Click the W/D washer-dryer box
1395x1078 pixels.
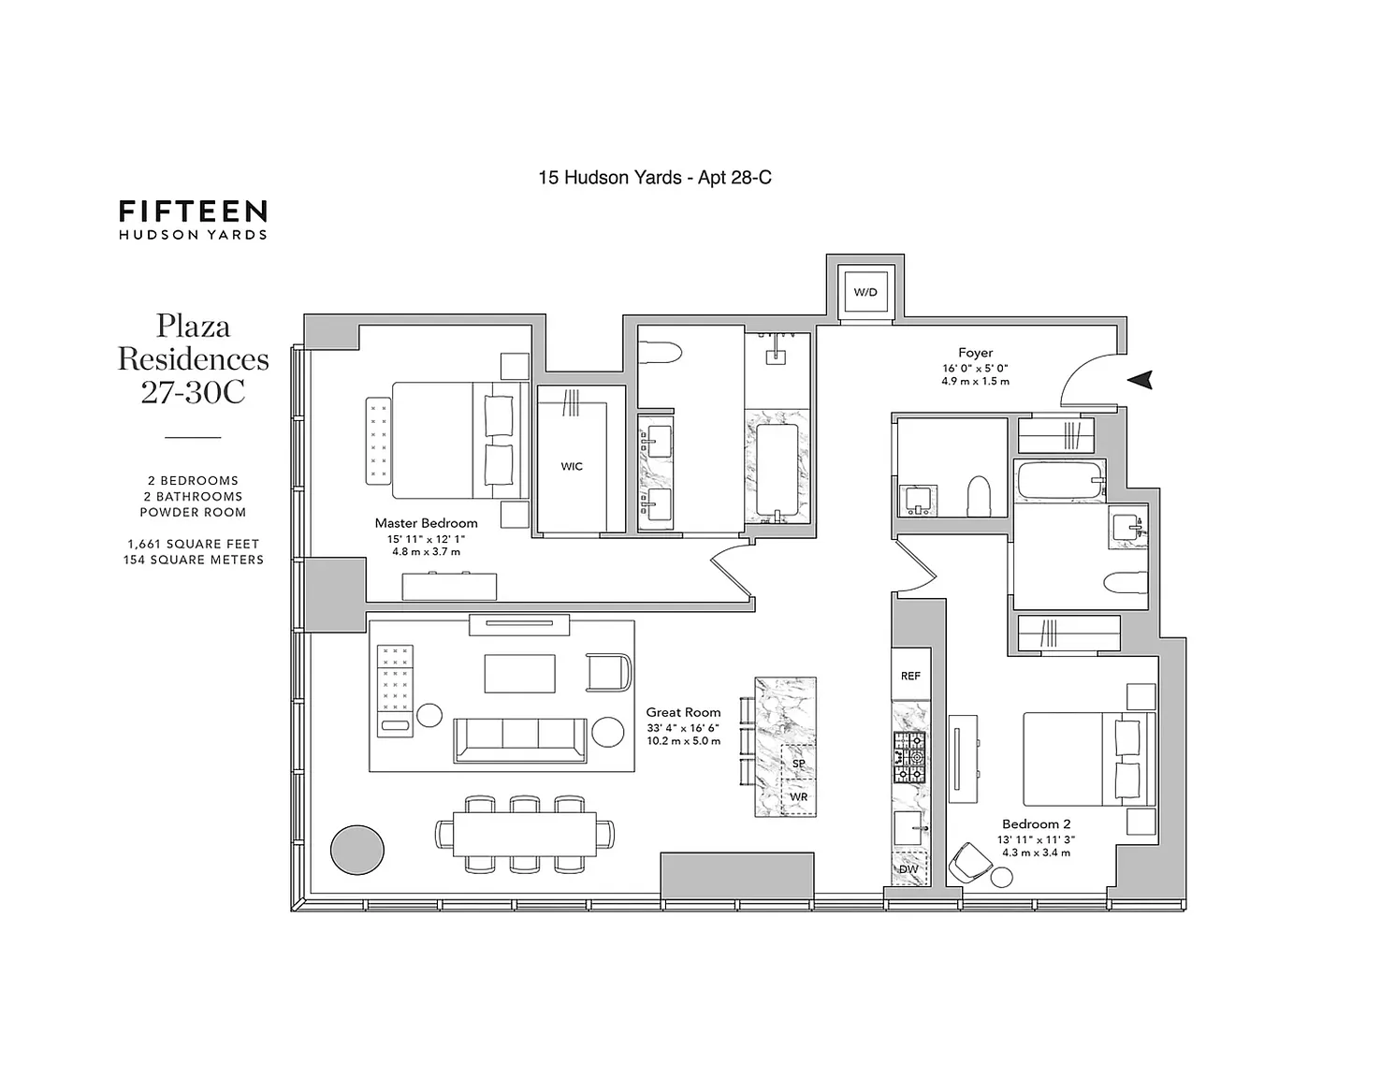865,292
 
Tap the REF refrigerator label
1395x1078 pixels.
910,676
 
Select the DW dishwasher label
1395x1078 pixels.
908,869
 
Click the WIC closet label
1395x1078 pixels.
572,466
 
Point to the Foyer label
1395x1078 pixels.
975,353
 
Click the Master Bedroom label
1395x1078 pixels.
427,523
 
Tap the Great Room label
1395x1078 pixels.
683,712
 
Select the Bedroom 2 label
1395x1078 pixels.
1036,823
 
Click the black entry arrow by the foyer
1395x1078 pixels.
1141,380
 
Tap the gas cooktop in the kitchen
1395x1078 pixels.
910,758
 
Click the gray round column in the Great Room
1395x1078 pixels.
356,850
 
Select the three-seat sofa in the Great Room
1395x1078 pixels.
520,740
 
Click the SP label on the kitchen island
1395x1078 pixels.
798,764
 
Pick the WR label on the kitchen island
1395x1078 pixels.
799,796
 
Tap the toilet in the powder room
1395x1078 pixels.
979,496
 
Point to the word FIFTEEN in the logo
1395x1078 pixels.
193,211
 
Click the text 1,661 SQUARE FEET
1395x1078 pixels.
194,544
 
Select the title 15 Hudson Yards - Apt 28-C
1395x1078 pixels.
655,177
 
